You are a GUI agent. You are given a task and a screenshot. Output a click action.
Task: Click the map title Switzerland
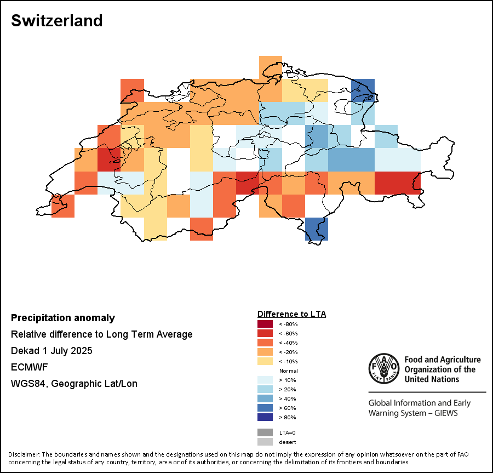[x=56, y=21]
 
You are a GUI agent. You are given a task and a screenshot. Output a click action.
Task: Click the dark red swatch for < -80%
[x=266, y=324]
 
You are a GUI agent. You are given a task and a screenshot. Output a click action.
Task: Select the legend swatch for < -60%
[x=266, y=333]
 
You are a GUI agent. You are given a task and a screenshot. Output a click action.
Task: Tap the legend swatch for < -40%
[x=266, y=343]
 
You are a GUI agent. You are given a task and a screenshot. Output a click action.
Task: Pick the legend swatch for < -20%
[x=266, y=352]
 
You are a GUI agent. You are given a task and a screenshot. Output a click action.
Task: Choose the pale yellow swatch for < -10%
[x=266, y=361]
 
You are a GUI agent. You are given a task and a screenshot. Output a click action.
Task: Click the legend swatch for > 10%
[x=266, y=380]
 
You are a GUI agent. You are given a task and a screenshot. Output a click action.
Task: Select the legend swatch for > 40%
[x=266, y=398]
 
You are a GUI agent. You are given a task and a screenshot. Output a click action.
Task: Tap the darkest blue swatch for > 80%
[x=266, y=417]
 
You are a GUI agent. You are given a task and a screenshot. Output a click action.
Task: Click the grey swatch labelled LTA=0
[x=266, y=432]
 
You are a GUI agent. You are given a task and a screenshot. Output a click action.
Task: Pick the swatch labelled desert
[x=266, y=442]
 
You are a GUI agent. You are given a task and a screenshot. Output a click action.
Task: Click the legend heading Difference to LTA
[x=291, y=314]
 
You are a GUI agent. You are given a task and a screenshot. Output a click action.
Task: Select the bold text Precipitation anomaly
[x=63, y=318]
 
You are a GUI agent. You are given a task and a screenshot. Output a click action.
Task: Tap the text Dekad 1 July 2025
[x=51, y=351]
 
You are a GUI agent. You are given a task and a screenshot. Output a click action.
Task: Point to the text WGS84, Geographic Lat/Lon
[x=74, y=384]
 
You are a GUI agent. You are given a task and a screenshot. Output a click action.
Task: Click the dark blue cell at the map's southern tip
[x=317, y=229]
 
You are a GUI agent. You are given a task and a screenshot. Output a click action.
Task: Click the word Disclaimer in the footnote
[x=24, y=454]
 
